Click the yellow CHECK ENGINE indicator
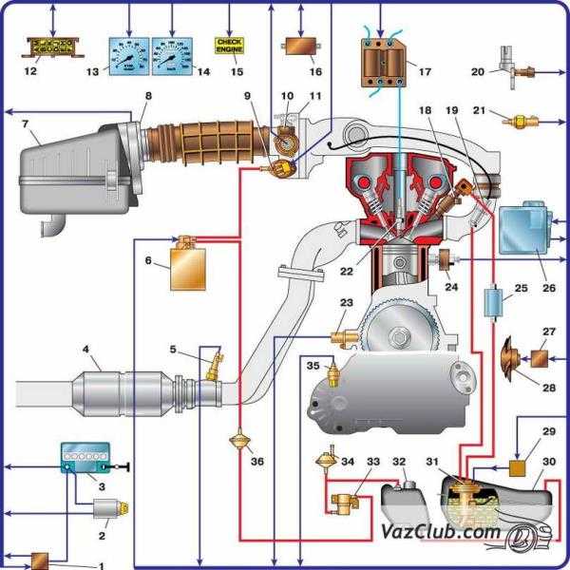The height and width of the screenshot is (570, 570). click(231, 45)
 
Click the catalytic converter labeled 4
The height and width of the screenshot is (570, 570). click(123, 390)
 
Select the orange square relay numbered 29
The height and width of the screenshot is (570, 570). click(519, 468)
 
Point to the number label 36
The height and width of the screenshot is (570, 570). click(258, 462)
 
